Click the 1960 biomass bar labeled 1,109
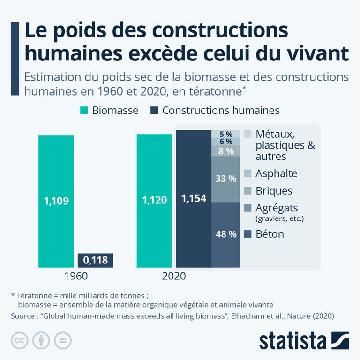coord(56,201)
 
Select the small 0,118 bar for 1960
coord(95,260)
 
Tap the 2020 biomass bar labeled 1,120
coord(154,201)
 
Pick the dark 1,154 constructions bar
coord(193,198)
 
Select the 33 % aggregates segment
coord(225,179)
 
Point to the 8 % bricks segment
coord(225,151)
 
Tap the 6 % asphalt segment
coord(225,142)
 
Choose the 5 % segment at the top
coord(225,134)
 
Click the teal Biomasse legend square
coord(84,111)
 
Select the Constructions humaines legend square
coord(154,111)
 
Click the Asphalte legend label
coord(276,173)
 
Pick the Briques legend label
coord(274,191)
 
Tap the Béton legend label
coord(270,233)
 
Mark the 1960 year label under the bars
coord(75,276)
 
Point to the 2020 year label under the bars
coord(174,276)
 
